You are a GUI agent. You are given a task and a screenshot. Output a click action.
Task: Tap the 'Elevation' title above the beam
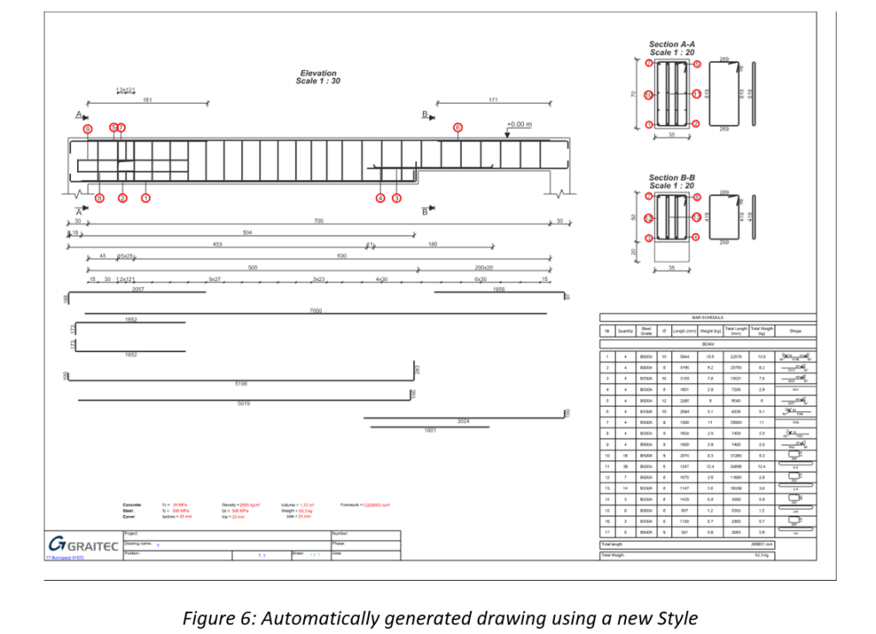(x=318, y=74)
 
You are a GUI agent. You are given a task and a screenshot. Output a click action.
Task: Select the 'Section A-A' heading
(x=672, y=45)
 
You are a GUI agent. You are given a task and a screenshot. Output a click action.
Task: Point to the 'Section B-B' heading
(x=672, y=177)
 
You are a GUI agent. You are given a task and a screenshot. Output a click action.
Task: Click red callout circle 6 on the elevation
(x=87, y=129)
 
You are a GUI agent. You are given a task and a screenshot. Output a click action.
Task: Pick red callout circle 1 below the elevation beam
(x=146, y=198)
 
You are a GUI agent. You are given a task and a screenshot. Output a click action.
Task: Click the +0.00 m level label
(x=519, y=124)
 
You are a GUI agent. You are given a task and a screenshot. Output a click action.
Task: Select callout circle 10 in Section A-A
(x=649, y=95)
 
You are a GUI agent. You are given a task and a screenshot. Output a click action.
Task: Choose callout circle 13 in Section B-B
(x=697, y=218)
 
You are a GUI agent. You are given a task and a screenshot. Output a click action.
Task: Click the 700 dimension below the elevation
(x=319, y=221)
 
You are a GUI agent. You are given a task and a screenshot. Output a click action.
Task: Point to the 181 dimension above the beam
(x=147, y=100)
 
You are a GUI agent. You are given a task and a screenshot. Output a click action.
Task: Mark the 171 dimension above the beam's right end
(x=493, y=100)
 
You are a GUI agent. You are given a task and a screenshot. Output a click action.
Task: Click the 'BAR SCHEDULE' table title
(x=708, y=317)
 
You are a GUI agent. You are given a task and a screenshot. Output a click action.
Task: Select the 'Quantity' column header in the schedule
(x=626, y=331)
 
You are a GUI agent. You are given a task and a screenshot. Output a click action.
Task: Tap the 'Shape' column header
(x=795, y=331)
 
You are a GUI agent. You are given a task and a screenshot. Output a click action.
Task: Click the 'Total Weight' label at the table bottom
(x=613, y=555)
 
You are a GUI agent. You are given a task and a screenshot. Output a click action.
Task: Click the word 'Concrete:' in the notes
(x=132, y=505)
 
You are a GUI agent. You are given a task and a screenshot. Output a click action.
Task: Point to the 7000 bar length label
(x=316, y=310)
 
